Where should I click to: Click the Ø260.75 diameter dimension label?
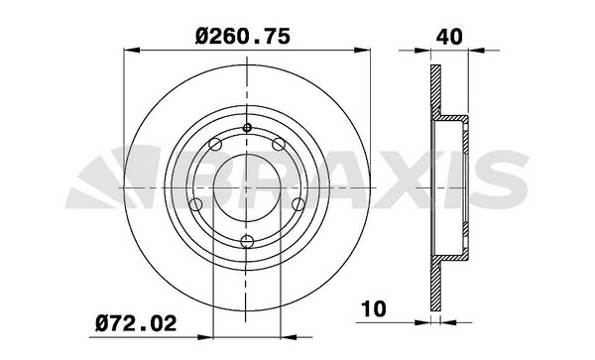243,36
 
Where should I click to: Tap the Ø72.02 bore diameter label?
136,323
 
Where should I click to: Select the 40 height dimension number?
449,37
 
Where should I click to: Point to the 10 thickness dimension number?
374,308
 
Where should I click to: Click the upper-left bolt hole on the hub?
215,145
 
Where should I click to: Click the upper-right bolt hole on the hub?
279,144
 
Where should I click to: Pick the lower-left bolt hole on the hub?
195,205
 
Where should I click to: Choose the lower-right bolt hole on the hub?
298,204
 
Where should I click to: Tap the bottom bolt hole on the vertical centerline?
247,241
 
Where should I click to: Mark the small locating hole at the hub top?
247,128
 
